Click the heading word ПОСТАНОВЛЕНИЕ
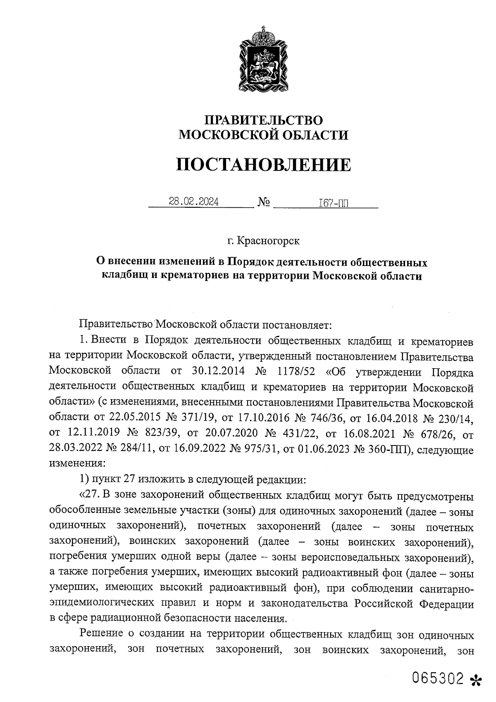(x=264, y=165)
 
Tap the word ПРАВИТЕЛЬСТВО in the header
(x=264, y=120)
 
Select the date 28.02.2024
(x=194, y=202)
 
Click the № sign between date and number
(x=264, y=202)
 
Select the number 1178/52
(x=297, y=371)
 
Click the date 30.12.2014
(x=219, y=371)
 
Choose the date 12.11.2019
(x=93, y=433)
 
